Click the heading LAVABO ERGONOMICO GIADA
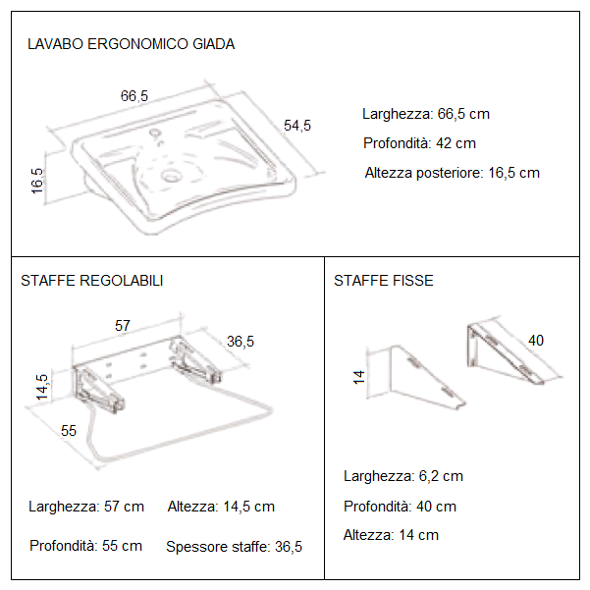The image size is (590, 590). click(x=131, y=44)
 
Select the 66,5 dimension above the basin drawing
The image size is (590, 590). click(x=134, y=96)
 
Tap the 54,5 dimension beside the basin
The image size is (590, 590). click(x=297, y=125)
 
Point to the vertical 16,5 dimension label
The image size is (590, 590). click(x=37, y=182)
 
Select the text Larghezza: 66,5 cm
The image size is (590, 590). click(x=425, y=114)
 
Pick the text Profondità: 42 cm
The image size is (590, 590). click(x=419, y=143)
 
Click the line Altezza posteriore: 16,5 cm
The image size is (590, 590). click(x=452, y=173)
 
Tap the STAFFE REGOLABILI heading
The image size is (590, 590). click(x=92, y=281)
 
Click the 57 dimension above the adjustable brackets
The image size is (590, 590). click(x=124, y=325)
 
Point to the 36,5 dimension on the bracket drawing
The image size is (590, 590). click(x=241, y=342)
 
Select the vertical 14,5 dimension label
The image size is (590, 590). click(x=41, y=387)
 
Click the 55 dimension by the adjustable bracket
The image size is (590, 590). click(x=69, y=430)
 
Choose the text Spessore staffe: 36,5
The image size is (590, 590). click(x=234, y=547)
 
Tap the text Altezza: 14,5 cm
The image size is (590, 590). click(x=221, y=507)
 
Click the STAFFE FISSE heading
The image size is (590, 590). click(x=384, y=281)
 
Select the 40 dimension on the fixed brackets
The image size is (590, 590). click(x=536, y=341)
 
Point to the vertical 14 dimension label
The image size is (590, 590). click(x=359, y=376)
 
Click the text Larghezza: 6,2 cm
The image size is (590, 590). click(x=403, y=476)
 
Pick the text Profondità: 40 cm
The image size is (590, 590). click(x=400, y=507)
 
